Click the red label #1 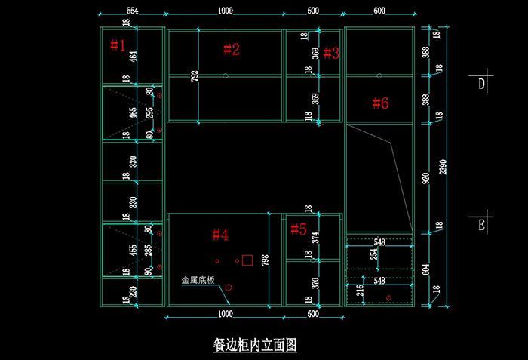point(118,45)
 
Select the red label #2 point(232,50)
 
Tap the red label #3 point(331,53)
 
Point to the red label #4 point(219,235)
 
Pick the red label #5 point(299,229)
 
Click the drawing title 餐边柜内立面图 point(255,345)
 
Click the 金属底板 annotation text point(198,280)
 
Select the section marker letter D point(480,84)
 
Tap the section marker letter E point(481,223)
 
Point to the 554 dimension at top point(132,11)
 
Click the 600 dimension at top point(379,11)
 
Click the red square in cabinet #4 point(247,259)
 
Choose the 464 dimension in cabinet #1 point(134,57)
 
